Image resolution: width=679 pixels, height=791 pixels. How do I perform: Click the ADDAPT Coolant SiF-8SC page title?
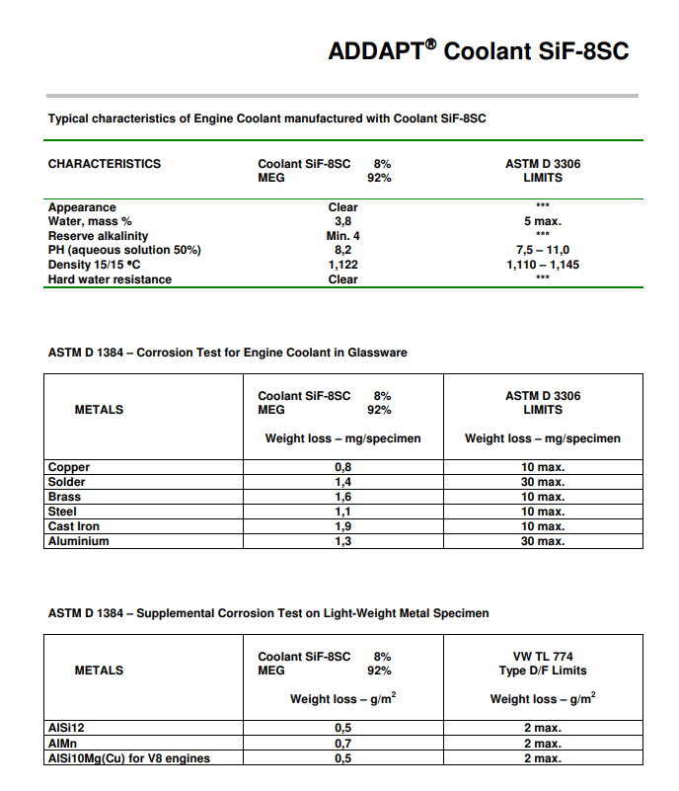[478, 51]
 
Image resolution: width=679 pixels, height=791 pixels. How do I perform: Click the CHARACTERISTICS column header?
[104, 164]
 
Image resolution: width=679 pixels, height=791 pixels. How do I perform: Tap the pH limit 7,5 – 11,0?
[542, 251]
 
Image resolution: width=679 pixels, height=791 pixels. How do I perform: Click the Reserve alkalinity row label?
[98, 236]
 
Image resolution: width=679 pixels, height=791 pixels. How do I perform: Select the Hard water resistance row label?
[110, 279]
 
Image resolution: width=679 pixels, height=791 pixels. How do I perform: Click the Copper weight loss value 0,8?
[343, 467]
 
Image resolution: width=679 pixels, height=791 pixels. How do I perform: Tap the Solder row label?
[67, 482]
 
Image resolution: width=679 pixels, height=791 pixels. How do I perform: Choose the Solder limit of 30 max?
[542, 482]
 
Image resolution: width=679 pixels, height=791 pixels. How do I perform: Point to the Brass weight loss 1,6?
[343, 497]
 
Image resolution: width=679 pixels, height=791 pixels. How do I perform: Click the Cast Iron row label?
[75, 526]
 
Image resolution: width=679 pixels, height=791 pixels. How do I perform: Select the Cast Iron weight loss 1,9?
[343, 526]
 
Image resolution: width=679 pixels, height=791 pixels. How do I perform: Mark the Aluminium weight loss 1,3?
[343, 541]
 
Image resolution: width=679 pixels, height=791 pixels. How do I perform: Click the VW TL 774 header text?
[542, 656]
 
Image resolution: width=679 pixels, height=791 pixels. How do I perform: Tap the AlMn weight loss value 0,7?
[343, 744]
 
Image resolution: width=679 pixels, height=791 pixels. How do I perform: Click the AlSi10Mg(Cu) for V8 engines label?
[129, 758]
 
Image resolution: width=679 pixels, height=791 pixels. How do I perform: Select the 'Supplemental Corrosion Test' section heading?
[268, 613]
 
